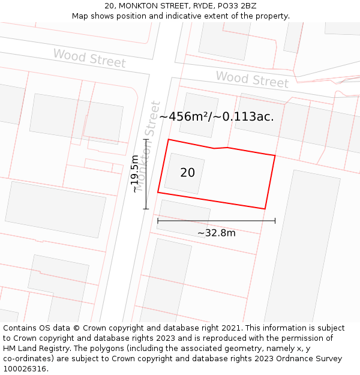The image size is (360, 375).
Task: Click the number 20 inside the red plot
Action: click(x=187, y=173)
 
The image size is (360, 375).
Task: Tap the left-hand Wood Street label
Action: click(x=89, y=58)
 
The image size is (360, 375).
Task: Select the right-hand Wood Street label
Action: click(x=252, y=79)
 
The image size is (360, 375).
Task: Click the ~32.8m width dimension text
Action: click(x=216, y=233)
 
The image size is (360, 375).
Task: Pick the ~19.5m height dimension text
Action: click(x=135, y=174)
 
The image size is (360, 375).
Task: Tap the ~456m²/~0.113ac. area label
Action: click(x=217, y=117)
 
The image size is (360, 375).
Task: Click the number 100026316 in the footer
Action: click(x=23, y=369)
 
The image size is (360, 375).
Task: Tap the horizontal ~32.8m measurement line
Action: click(x=216, y=221)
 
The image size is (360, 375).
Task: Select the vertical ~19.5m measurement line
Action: click(x=145, y=174)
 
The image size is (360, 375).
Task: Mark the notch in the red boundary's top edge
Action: click(x=221, y=148)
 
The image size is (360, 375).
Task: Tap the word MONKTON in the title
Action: click(x=140, y=6)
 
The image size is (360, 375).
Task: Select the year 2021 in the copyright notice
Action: click(x=230, y=328)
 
